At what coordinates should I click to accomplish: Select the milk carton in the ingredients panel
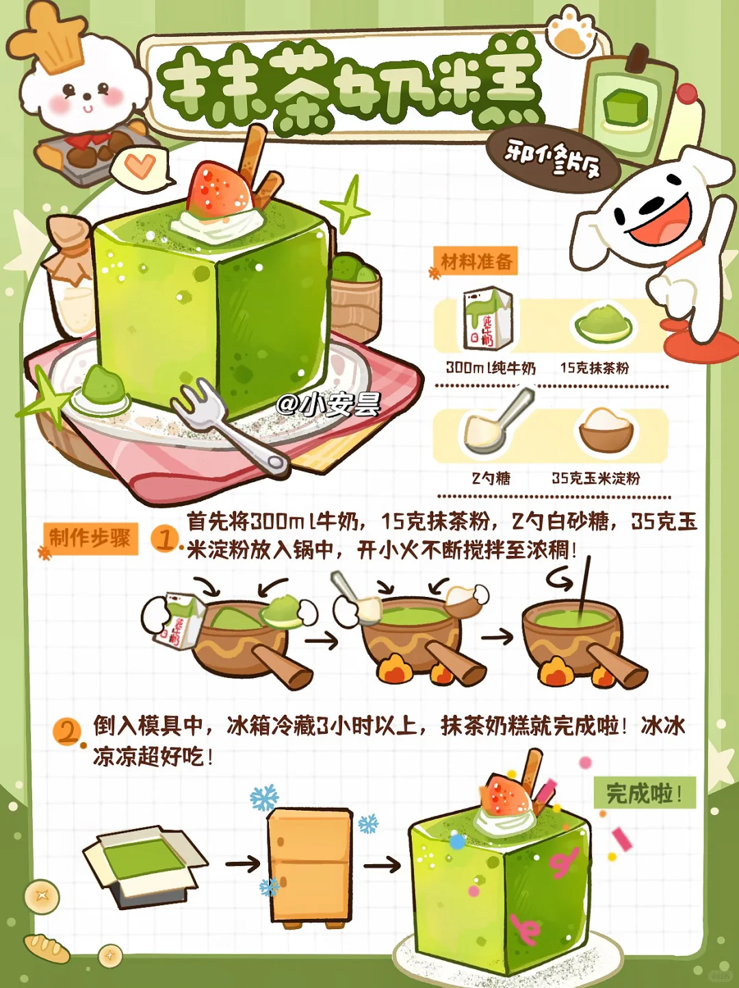tap(488, 318)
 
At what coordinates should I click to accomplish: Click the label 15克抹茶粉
tap(594, 368)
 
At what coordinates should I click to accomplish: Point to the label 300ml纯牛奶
tap(491, 368)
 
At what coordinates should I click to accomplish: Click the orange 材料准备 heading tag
tap(476, 261)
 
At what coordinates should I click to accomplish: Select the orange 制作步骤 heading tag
tap(90, 538)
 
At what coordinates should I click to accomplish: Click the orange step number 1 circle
tap(164, 540)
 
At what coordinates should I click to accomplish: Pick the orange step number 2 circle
tap(67, 732)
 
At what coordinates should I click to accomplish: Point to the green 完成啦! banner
tap(645, 792)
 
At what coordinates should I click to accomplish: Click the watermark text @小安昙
tap(329, 404)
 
